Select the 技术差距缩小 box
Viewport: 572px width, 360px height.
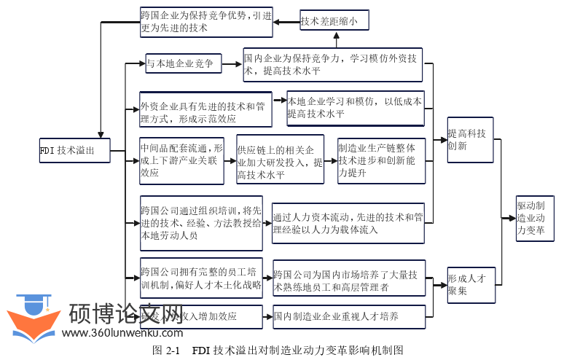click(334, 20)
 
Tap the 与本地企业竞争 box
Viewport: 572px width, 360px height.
click(182, 63)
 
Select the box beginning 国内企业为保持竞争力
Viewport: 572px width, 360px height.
click(333, 64)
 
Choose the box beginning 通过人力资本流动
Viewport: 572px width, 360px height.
click(348, 223)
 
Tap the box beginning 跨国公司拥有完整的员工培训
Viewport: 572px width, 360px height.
click(201, 279)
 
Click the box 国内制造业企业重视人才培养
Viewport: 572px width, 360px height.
click(348, 316)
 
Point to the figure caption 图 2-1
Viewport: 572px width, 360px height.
click(278, 351)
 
